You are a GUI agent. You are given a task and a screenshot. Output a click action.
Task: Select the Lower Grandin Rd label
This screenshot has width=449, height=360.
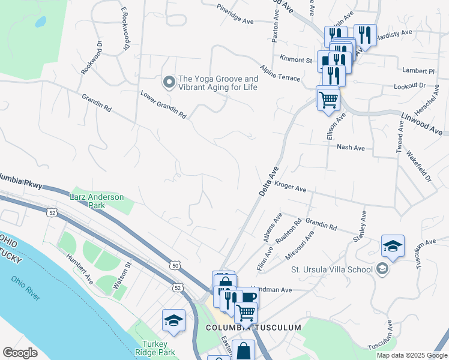[163, 104]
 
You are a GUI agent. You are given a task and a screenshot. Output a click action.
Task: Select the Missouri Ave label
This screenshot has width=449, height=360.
[300, 245]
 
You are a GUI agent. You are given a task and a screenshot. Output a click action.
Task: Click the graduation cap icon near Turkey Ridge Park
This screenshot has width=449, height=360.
[173, 319]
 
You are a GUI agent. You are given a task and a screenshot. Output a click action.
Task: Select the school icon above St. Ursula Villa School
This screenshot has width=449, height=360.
[393, 245]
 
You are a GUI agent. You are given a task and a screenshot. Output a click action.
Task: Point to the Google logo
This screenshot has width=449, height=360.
[20, 353]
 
